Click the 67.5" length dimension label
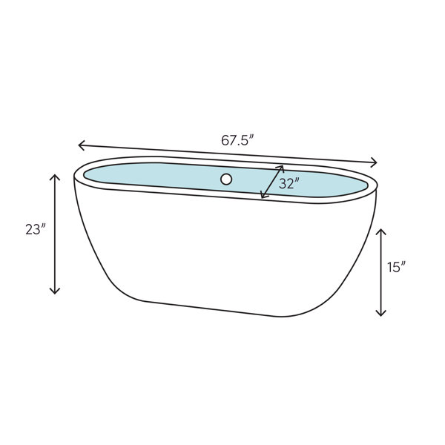[237, 140]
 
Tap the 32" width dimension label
[289, 184]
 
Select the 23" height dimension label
[36, 229]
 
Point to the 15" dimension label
[397, 267]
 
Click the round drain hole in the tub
[226, 179]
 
